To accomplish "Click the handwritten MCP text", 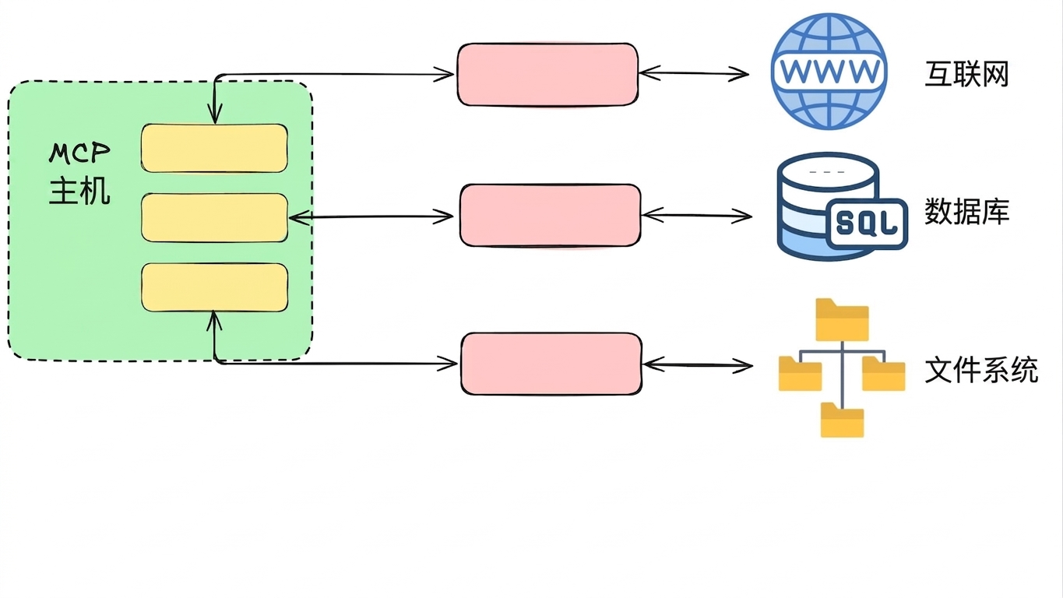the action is click(x=79, y=153).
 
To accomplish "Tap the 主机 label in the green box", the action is click(x=79, y=191).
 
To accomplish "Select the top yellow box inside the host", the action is click(x=214, y=148).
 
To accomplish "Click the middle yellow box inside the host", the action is click(x=214, y=218).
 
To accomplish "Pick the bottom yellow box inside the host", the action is click(x=214, y=287).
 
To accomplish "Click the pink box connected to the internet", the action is click(x=547, y=75).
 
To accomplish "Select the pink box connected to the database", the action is click(x=551, y=216).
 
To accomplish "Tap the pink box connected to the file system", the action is click(x=551, y=364).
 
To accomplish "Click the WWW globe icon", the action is click(x=829, y=71).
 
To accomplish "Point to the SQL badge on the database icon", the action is click(x=867, y=223).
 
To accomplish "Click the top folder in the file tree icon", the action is click(x=842, y=319).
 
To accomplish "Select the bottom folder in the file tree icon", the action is click(x=842, y=420).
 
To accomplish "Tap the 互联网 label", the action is click(x=966, y=75).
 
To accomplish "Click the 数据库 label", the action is click(x=966, y=212).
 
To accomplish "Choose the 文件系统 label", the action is click(x=981, y=370).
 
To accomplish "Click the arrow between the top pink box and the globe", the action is click(x=694, y=73).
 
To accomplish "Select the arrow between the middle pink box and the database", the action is click(x=697, y=216).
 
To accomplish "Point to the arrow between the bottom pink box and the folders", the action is click(x=698, y=365).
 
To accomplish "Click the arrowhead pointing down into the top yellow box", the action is click(x=215, y=114).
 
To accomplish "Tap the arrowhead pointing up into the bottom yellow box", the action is click(x=214, y=321).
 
